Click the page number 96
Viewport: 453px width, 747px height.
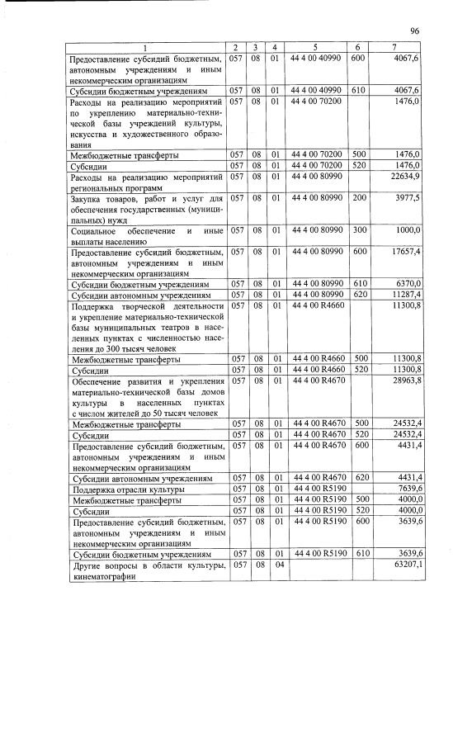click(x=414, y=31)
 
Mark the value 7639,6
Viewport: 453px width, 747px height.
click(x=407, y=489)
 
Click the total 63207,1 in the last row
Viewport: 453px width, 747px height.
click(x=404, y=565)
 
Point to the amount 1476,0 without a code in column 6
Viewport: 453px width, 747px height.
click(x=407, y=101)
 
